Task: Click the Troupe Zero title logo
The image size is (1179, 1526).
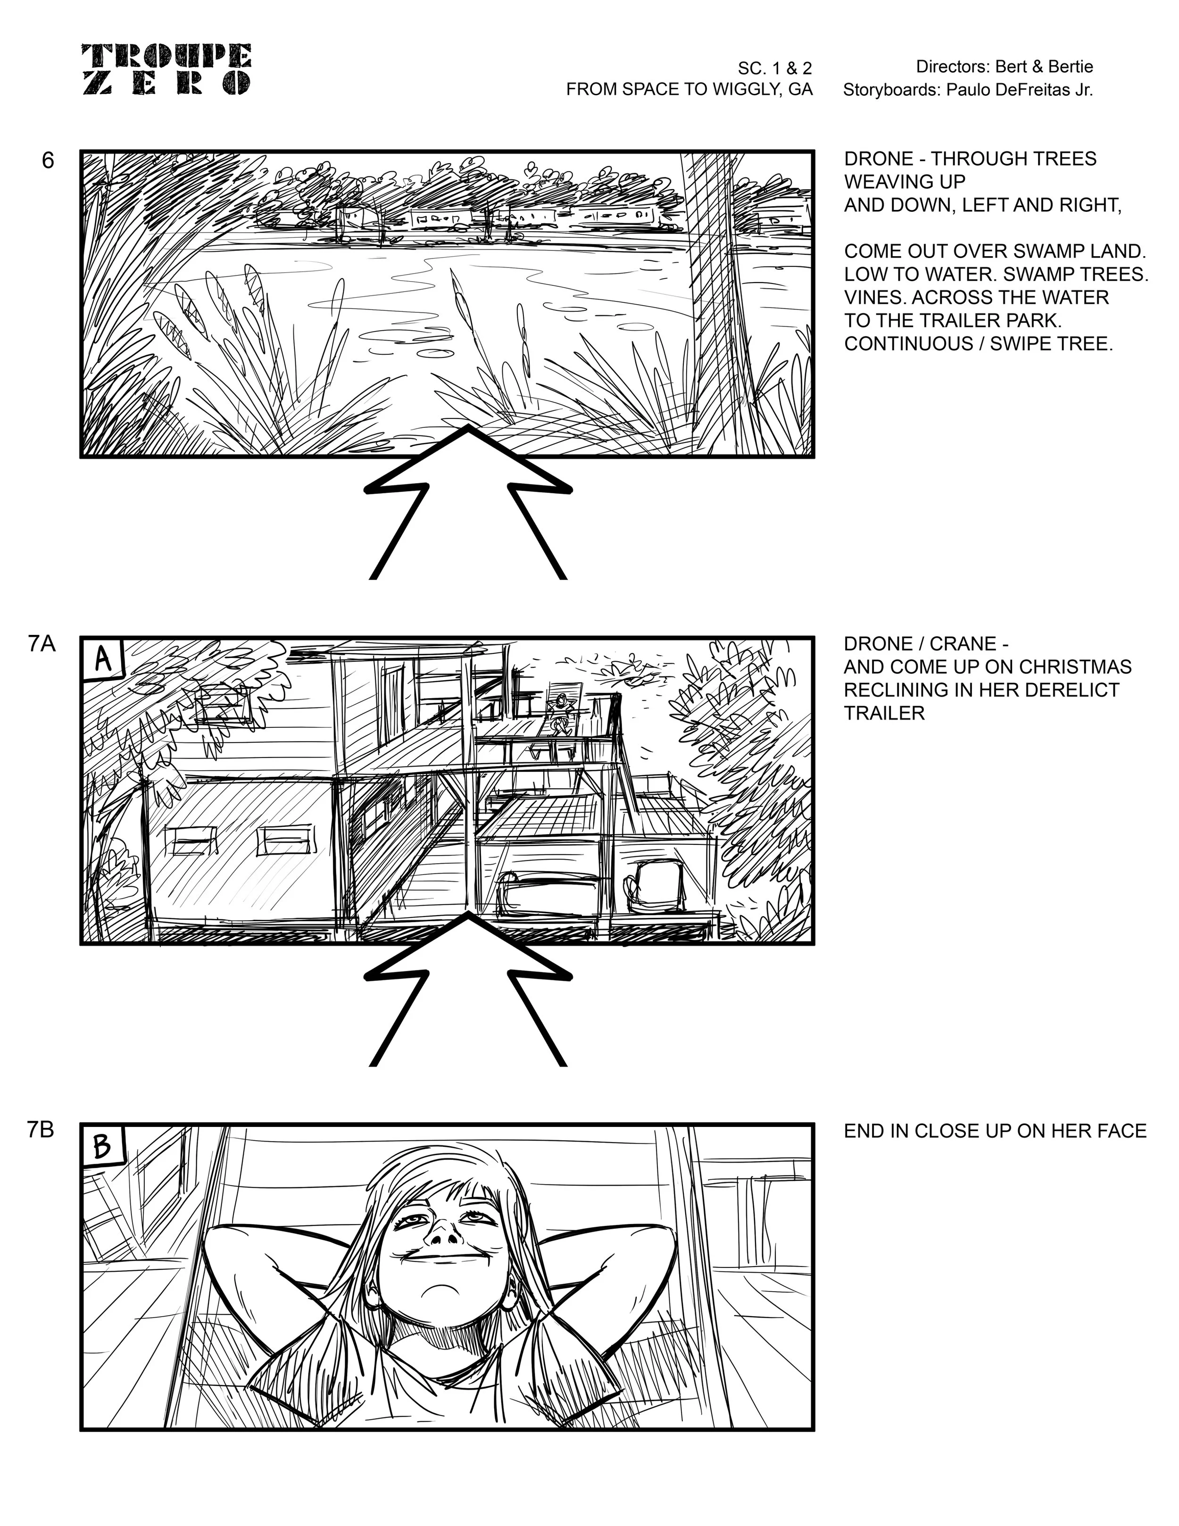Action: point(166,69)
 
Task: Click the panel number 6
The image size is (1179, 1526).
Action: point(48,161)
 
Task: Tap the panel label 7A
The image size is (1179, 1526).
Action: point(41,643)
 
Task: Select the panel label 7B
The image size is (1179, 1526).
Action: point(41,1130)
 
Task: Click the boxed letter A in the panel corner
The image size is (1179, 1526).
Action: point(103,658)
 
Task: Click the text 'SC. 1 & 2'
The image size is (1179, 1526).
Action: point(774,68)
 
